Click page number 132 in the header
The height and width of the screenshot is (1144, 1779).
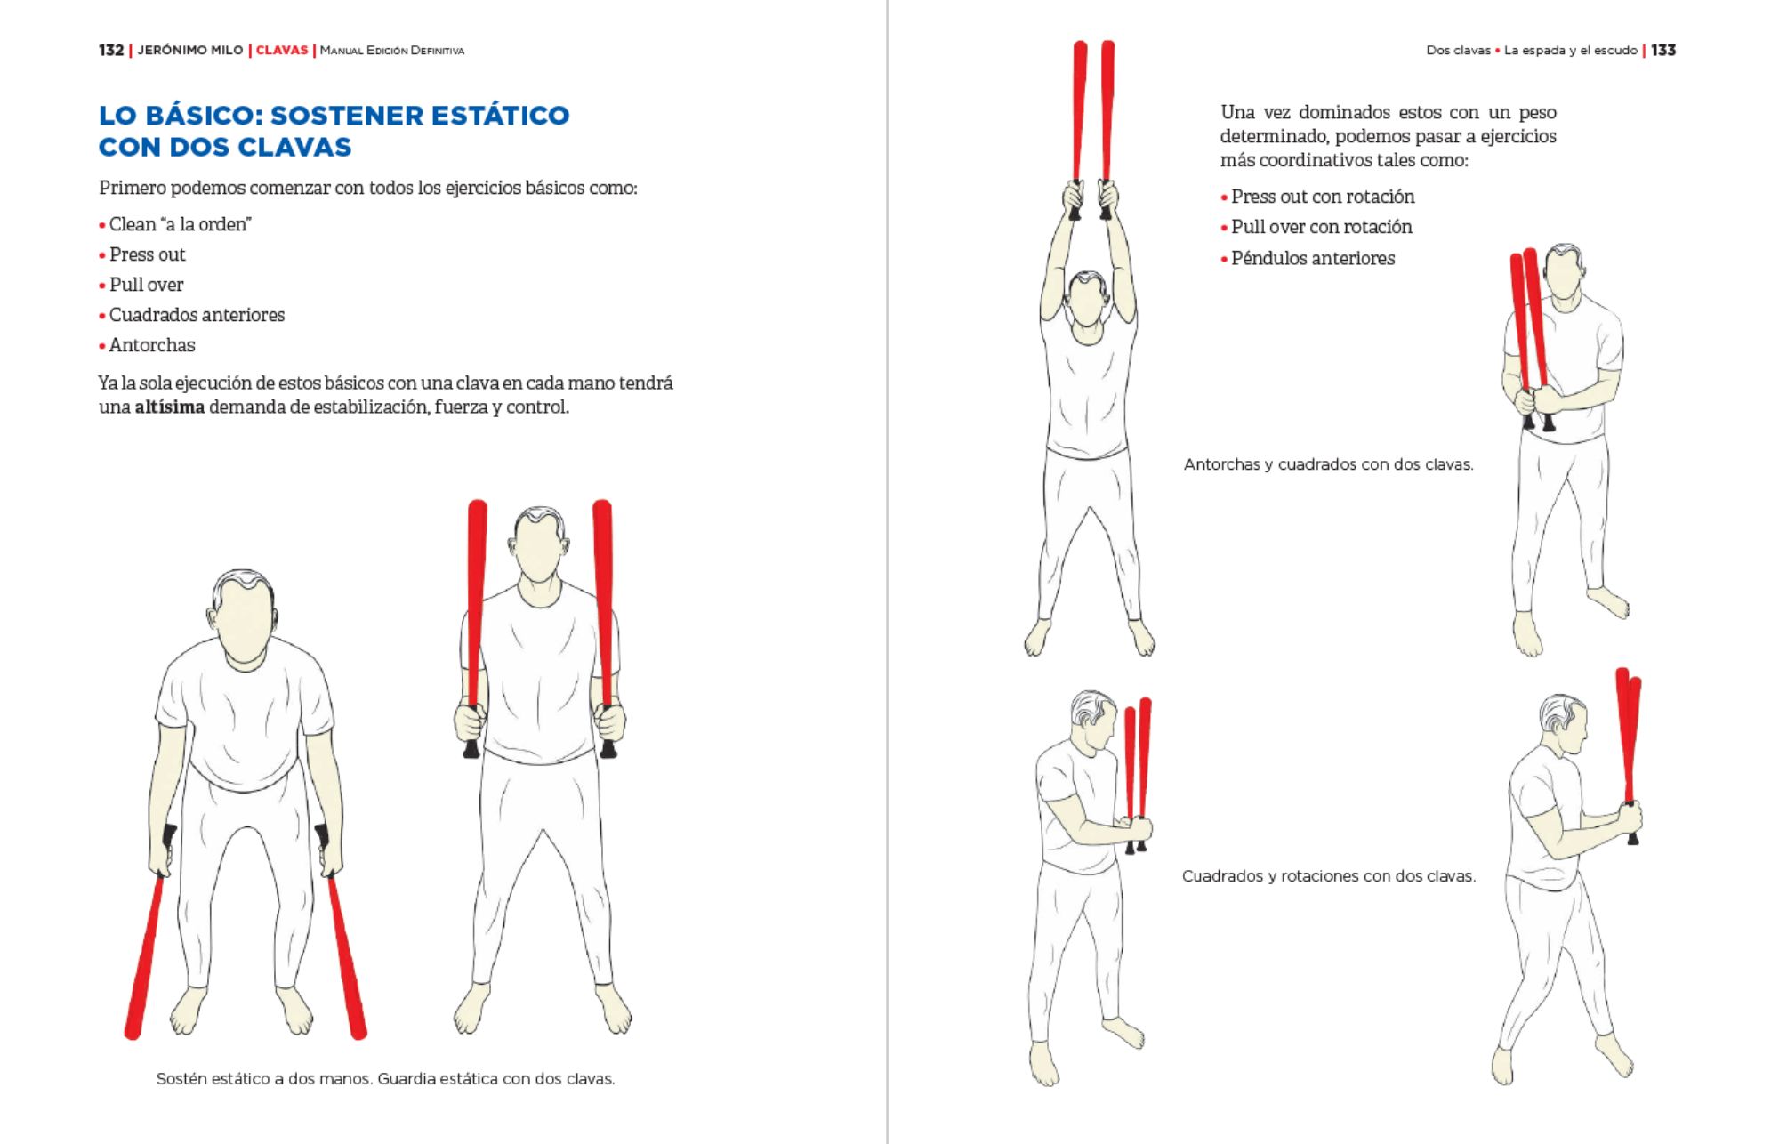[x=111, y=51]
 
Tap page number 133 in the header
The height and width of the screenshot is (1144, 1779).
[x=1663, y=51]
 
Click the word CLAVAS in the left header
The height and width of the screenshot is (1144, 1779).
[x=282, y=51]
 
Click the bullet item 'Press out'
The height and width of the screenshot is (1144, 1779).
[x=148, y=254]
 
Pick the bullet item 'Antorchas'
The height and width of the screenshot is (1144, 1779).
[x=152, y=345]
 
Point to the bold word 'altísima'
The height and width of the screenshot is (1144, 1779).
[x=170, y=407]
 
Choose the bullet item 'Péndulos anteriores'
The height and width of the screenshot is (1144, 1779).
[x=1313, y=259]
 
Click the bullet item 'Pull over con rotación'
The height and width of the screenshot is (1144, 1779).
[x=1322, y=227]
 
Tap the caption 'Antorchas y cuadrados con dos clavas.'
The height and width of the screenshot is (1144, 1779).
[x=1329, y=464]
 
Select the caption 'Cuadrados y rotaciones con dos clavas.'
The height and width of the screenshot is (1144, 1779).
[x=1329, y=876]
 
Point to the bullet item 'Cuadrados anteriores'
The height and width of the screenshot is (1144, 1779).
[x=197, y=315]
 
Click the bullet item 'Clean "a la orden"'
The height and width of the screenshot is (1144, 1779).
[x=181, y=224]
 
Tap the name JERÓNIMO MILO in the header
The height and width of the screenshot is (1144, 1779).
[x=190, y=51]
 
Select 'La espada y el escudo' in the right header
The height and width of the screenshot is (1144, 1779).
[x=1571, y=51]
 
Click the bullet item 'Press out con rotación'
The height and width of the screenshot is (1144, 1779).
[x=1323, y=197]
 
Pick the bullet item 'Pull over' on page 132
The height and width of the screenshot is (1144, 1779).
[x=147, y=285]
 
